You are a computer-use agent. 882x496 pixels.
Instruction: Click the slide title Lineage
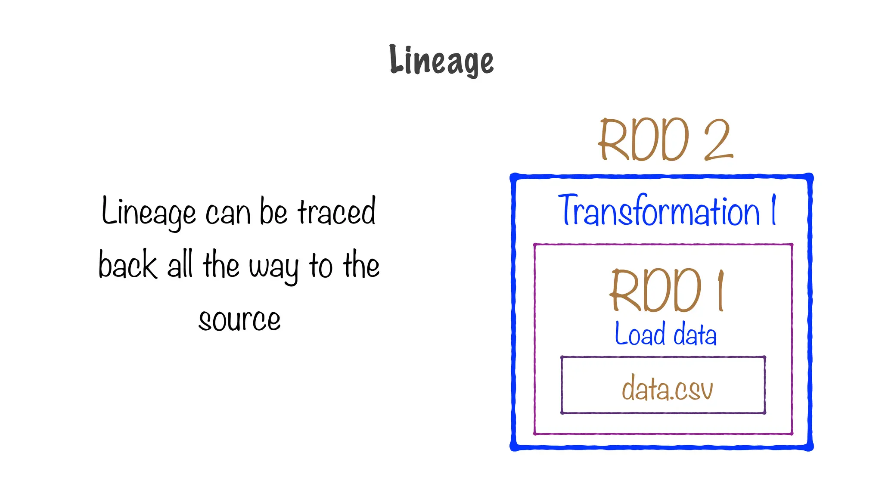tap(441, 61)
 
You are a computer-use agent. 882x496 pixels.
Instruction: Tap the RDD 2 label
tap(665, 140)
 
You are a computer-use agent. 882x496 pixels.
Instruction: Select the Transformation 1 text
tap(667, 211)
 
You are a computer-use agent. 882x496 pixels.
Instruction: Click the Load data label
tap(665, 335)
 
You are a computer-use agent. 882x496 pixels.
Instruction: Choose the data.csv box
tap(663, 385)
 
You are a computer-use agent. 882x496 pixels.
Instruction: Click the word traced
tap(337, 212)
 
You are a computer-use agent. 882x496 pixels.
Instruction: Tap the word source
tap(239, 320)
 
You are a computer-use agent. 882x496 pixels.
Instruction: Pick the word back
tap(127, 265)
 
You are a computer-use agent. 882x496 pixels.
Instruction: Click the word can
tap(228, 214)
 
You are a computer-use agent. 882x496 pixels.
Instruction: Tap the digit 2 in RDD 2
tap(718, 140)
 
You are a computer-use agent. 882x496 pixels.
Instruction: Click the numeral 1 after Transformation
tap(774, 210)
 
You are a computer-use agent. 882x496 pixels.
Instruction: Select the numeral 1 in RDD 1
tap(721, 291)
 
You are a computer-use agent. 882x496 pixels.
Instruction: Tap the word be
tap(273, 212)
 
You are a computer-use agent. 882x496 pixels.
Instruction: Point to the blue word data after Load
tap(695, 335)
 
